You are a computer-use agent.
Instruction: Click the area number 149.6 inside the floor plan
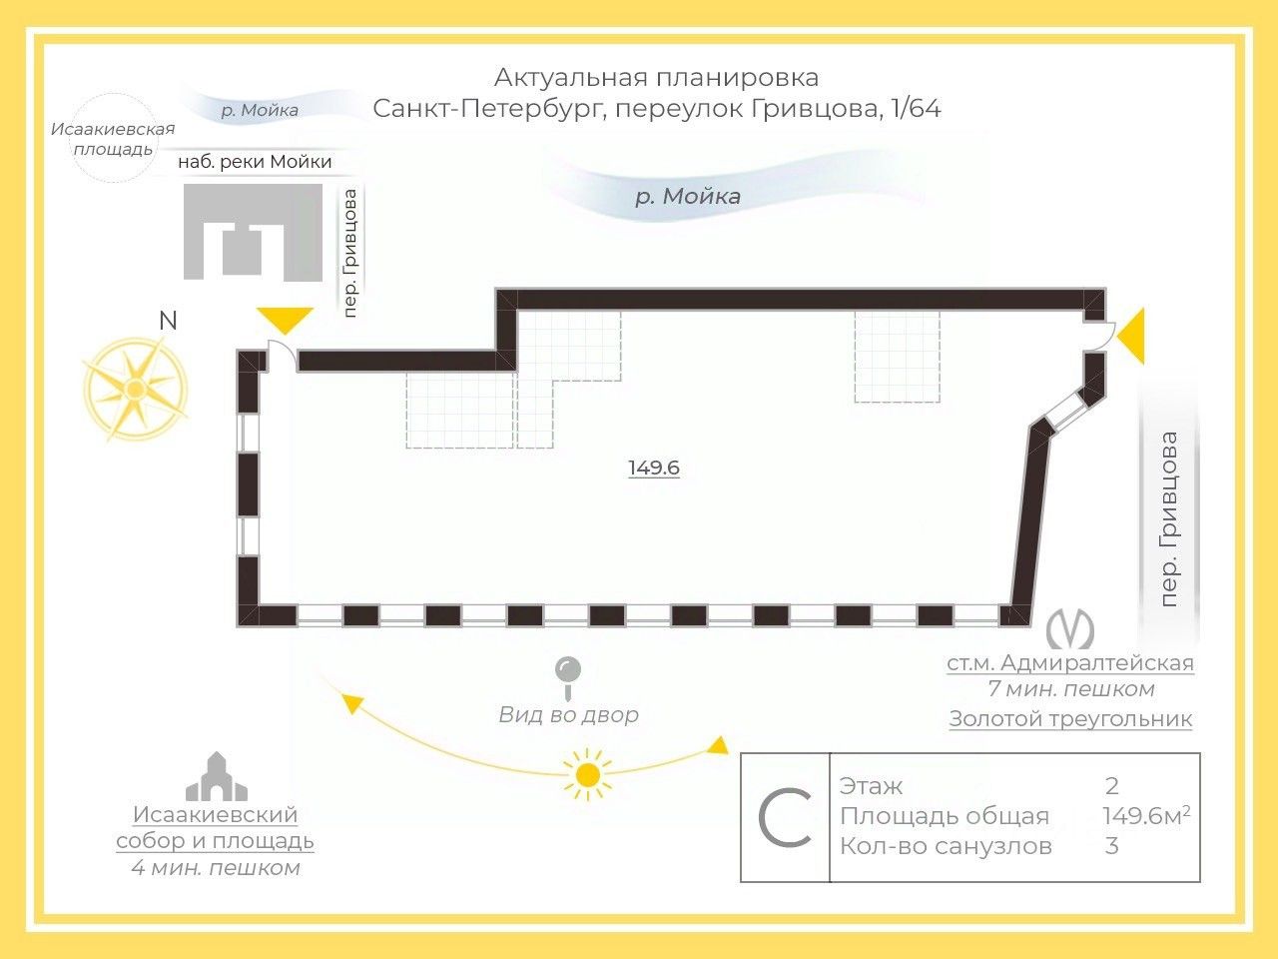pos(654,468)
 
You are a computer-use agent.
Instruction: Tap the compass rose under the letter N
pos(135,389)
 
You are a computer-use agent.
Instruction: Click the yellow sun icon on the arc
pos(587,775)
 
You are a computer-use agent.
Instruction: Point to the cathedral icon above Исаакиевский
pos(216,777)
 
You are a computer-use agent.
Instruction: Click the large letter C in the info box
pos(785,817)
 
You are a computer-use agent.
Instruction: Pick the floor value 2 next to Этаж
pos(1112,786)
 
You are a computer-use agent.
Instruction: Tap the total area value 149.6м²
pos(1145,816)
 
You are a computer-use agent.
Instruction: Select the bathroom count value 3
pos(1112,846)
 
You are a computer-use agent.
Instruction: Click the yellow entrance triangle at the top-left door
pos(285,320)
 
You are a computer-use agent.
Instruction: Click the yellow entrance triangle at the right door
pos(1132,337)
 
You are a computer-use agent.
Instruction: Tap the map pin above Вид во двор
pos(568,672)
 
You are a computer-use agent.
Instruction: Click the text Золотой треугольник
pos(1070,718)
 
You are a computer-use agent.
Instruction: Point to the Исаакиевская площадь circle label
pos(112,139)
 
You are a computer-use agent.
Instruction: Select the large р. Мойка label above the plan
pos(688,196)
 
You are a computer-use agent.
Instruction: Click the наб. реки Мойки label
pos(255,161)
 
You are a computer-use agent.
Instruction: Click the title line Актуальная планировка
pos(656,77)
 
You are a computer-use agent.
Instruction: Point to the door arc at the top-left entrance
pos(281,354)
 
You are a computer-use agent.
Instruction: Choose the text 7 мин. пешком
pos(1070,689)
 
